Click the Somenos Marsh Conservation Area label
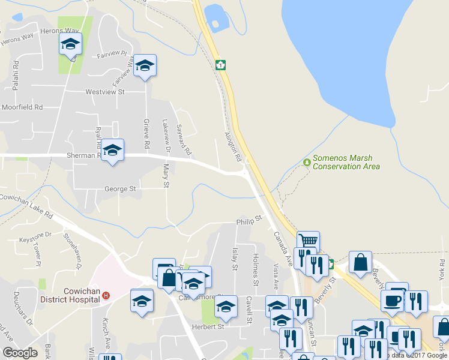(x=346, y=162)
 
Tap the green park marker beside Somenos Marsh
(x=307, y=162)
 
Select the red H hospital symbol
(x=106, y=295)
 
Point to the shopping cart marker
(x=308, y=241)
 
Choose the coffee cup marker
(x=392, y=301)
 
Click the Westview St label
(x=104, y=92)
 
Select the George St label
(x=120, y=188)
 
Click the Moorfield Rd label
(x=22, y=107)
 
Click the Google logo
(x=20, y=353)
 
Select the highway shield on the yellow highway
(x=221, y=65)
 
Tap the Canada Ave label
(x=283, y=249)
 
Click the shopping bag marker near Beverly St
(x=360, y=262)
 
